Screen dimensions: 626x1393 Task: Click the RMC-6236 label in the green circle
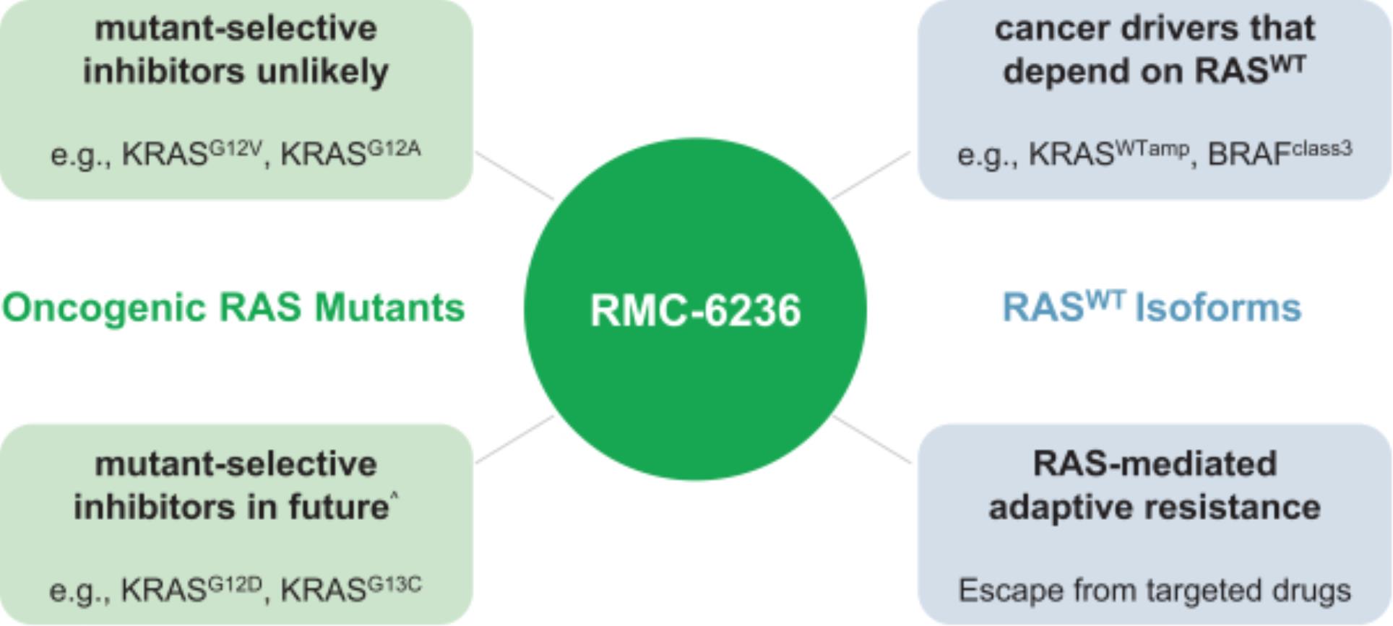(695, 310)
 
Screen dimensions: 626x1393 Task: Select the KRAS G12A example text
(350, 154)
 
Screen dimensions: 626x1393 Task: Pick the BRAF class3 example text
(1279, 154)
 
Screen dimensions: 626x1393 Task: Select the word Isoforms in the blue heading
(1218, 308)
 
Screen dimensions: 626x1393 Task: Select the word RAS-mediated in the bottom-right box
(1155, 464)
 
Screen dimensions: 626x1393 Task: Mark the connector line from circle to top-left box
(514, 175)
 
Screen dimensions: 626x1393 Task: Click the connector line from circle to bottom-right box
(872, 440)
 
